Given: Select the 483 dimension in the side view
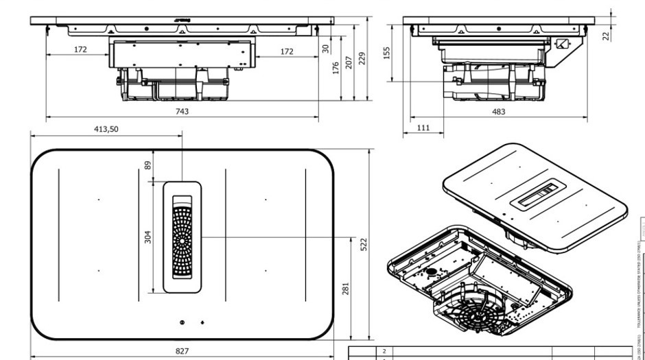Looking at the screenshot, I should pos(498,111).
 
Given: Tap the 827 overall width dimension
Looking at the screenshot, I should pos(182,351).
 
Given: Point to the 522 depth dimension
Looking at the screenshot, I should pos(364,243).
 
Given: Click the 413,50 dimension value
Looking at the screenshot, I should pos(106,129).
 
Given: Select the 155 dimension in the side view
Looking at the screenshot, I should pos(387,53).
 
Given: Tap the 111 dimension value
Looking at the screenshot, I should pos(423,128).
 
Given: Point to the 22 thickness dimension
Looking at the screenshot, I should pos(605,36).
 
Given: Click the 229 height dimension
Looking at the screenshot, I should pos(362,58).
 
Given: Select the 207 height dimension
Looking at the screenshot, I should pos(349,62).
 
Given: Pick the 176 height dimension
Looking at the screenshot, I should pos(336,69).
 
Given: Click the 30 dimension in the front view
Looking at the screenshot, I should pos(325,49).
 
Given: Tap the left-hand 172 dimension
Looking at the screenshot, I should pos(81,50).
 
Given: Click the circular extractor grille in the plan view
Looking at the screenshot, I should pos(182,241).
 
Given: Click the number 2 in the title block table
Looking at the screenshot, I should pos(384,351).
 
